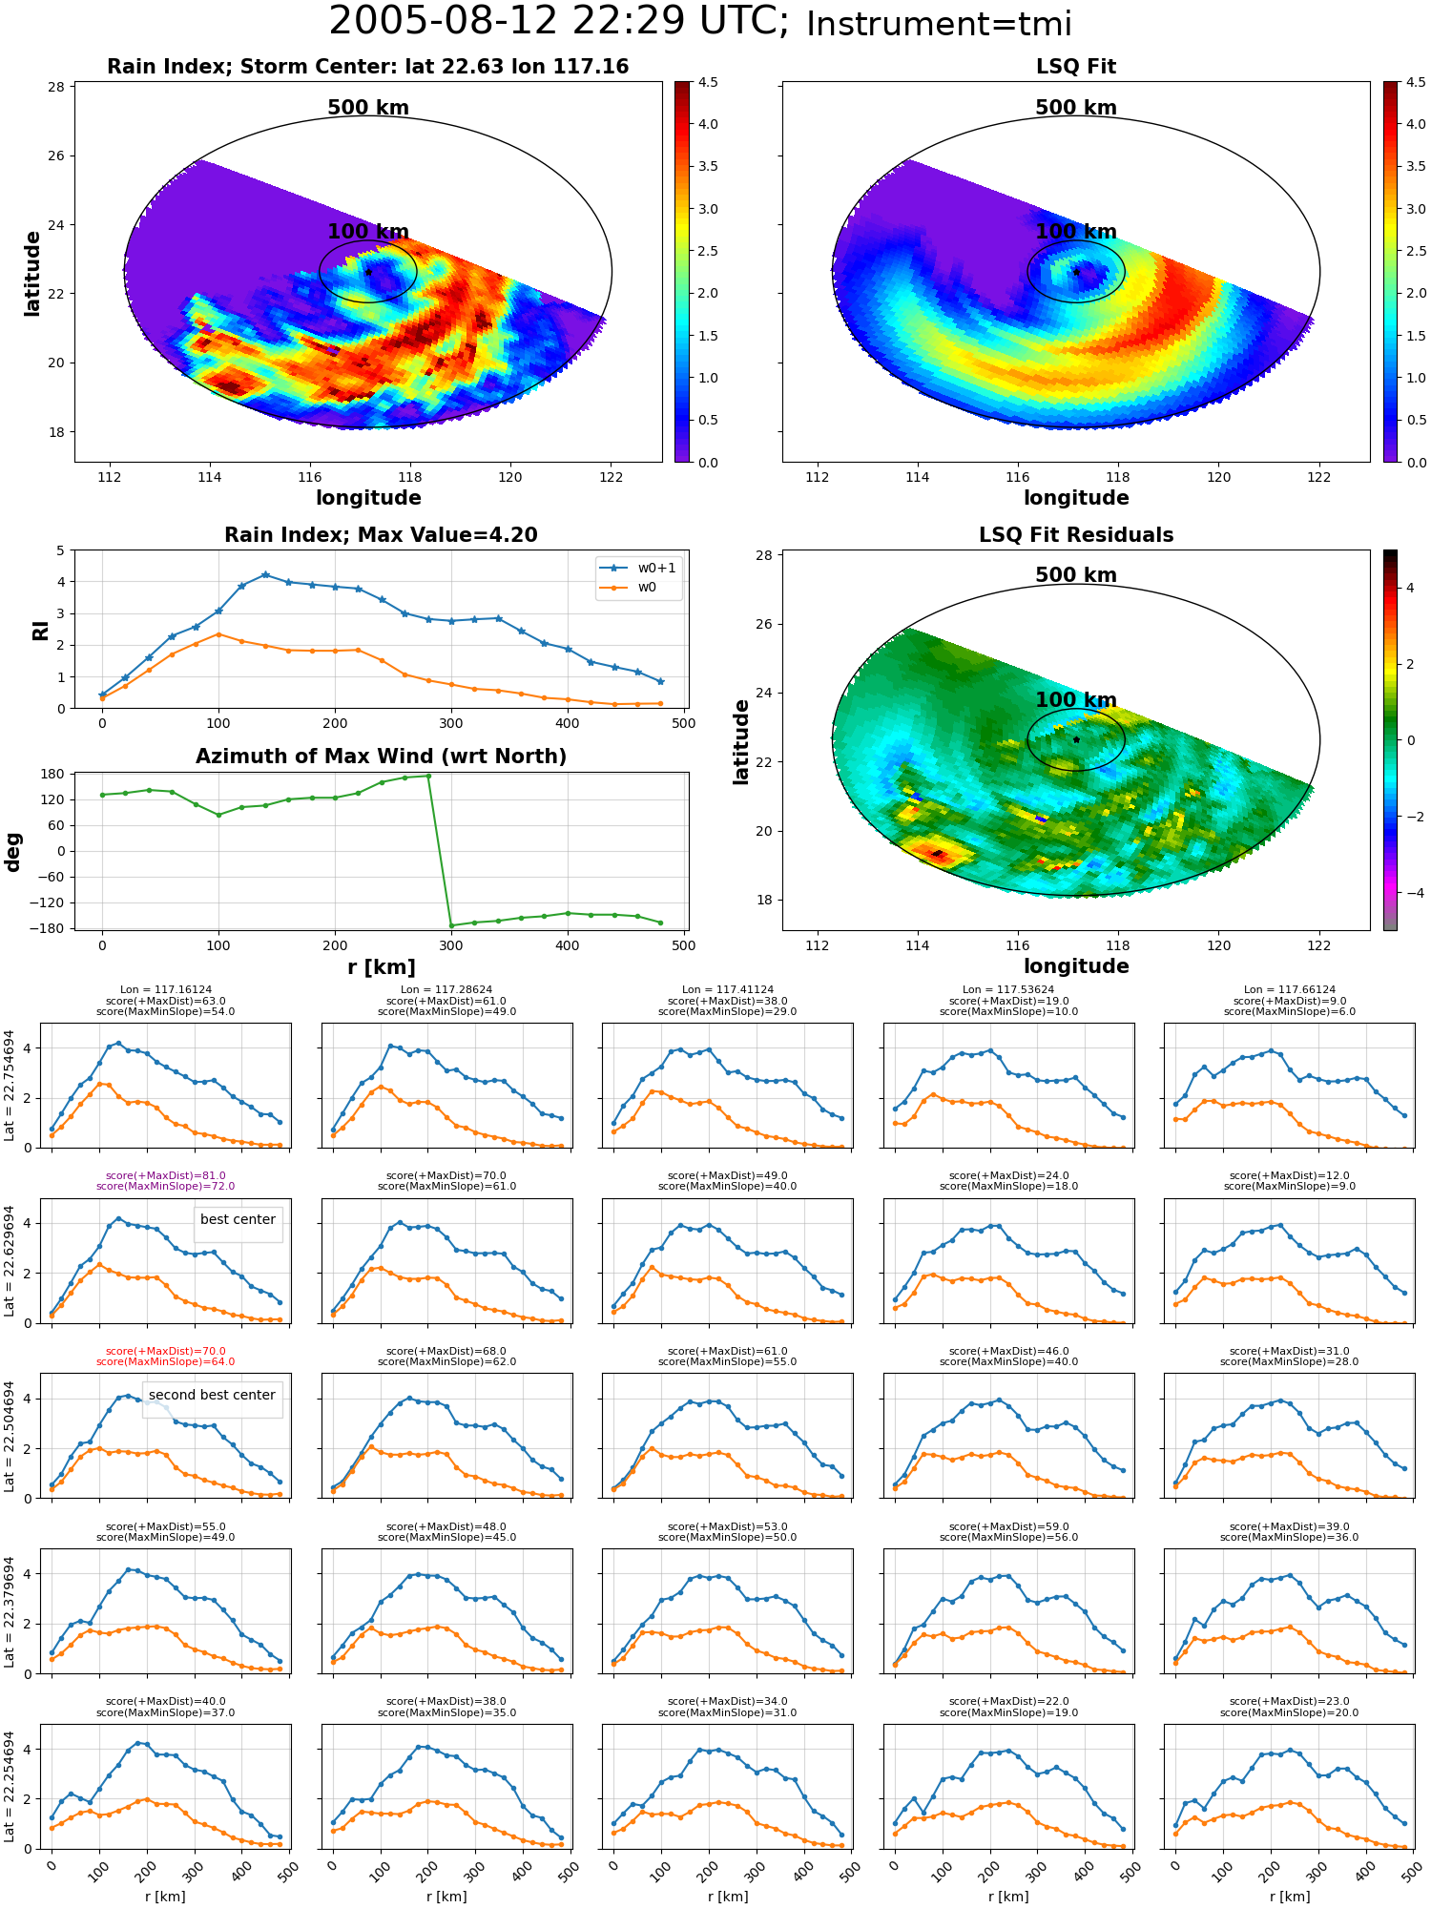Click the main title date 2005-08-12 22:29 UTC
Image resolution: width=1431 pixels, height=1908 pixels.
(559, 22)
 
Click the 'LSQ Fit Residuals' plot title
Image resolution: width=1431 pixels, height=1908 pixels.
(1076, 535)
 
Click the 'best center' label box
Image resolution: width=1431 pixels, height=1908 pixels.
(238, 1219)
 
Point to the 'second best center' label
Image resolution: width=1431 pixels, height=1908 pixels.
(212, 1395)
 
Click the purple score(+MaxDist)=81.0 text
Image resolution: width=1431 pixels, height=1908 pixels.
(166, 1175)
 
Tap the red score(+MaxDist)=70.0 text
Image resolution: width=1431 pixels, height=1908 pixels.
(166, 1351)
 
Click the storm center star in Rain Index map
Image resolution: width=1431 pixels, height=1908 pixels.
(368, 272)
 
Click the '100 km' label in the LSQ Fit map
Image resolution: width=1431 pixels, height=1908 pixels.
(1076, 232)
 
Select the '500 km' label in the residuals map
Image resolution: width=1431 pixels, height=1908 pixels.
(1076, 575)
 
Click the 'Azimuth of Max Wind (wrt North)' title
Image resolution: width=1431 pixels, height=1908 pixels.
(382, 757)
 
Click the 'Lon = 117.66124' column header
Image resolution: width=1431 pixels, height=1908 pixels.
(1289, 990)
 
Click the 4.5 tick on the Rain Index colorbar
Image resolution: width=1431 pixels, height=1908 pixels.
(708, 82)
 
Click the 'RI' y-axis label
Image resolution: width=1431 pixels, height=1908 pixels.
(41, 630)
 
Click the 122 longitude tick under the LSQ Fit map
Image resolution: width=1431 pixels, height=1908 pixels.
(1319, 477)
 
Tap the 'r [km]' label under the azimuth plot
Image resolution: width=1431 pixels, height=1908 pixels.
(382, 967)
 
